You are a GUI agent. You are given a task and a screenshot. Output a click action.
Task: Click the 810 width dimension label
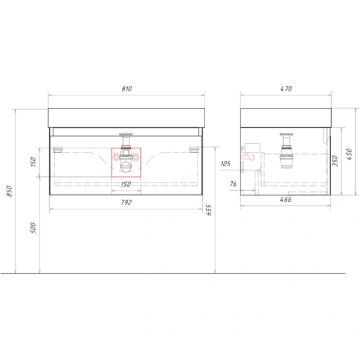127,89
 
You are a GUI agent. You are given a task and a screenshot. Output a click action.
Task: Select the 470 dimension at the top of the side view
286,89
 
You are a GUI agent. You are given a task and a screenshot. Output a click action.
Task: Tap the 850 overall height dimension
9,191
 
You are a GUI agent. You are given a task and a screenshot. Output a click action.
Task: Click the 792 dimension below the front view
127,202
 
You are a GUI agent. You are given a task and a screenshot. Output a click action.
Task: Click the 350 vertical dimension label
337,160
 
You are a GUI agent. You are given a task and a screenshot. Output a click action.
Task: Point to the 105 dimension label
226,163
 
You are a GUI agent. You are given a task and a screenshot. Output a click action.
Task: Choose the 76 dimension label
233,184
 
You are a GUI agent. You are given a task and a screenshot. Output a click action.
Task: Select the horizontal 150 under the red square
127,184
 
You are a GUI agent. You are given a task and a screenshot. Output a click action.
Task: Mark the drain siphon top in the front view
127,136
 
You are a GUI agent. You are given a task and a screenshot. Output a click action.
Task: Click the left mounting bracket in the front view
59,148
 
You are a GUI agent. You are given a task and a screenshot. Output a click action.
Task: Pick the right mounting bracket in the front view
194,148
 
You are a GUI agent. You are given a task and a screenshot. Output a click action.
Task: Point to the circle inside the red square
127,167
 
